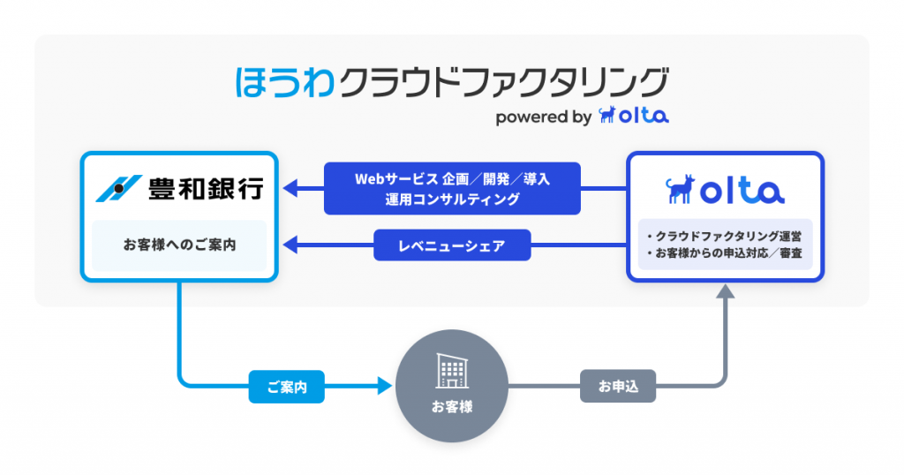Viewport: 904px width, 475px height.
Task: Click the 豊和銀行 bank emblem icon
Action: (x=119, y=187)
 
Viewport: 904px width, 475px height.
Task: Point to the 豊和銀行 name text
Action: (x=205, y=187)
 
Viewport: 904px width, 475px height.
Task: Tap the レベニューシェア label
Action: (x=452, y=245)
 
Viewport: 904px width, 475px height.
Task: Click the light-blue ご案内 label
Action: (x=287, y=386)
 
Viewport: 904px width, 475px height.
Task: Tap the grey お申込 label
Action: (x=618, y=386)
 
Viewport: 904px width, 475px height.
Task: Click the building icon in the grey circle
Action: (x=451, y=373)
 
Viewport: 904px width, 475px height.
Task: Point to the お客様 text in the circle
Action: (x=452, y=407)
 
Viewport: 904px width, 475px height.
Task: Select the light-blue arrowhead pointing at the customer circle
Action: (x=383, y=386)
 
